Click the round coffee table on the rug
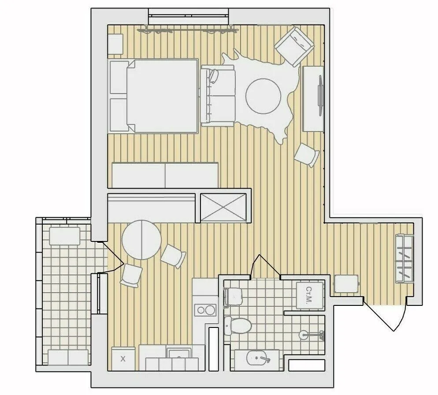pyautogui.click(x=263, y=96)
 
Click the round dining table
pyautogui.click(x=141, y=240)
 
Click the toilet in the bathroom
pyautogui.click(x=238, y=326)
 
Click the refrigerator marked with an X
pyautogui.click(x=123, y=359)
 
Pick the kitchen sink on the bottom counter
pyautogui.click(x=179, y=353)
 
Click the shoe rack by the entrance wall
pyautogui.click(x=404, y=259)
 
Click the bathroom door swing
pyautogui.click(x=265, y=266)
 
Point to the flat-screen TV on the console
pyautogui.click(x=320, y=95)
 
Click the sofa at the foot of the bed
pyautogui.click(x=217, y=96)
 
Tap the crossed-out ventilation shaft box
pyautogui.click(x=223, y=207)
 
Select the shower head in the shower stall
pyautogui.click(x=312, y=334)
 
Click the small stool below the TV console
pyautogui.click(x=307, y=155)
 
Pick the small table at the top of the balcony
pyautogui.click(x=64, y=236)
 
